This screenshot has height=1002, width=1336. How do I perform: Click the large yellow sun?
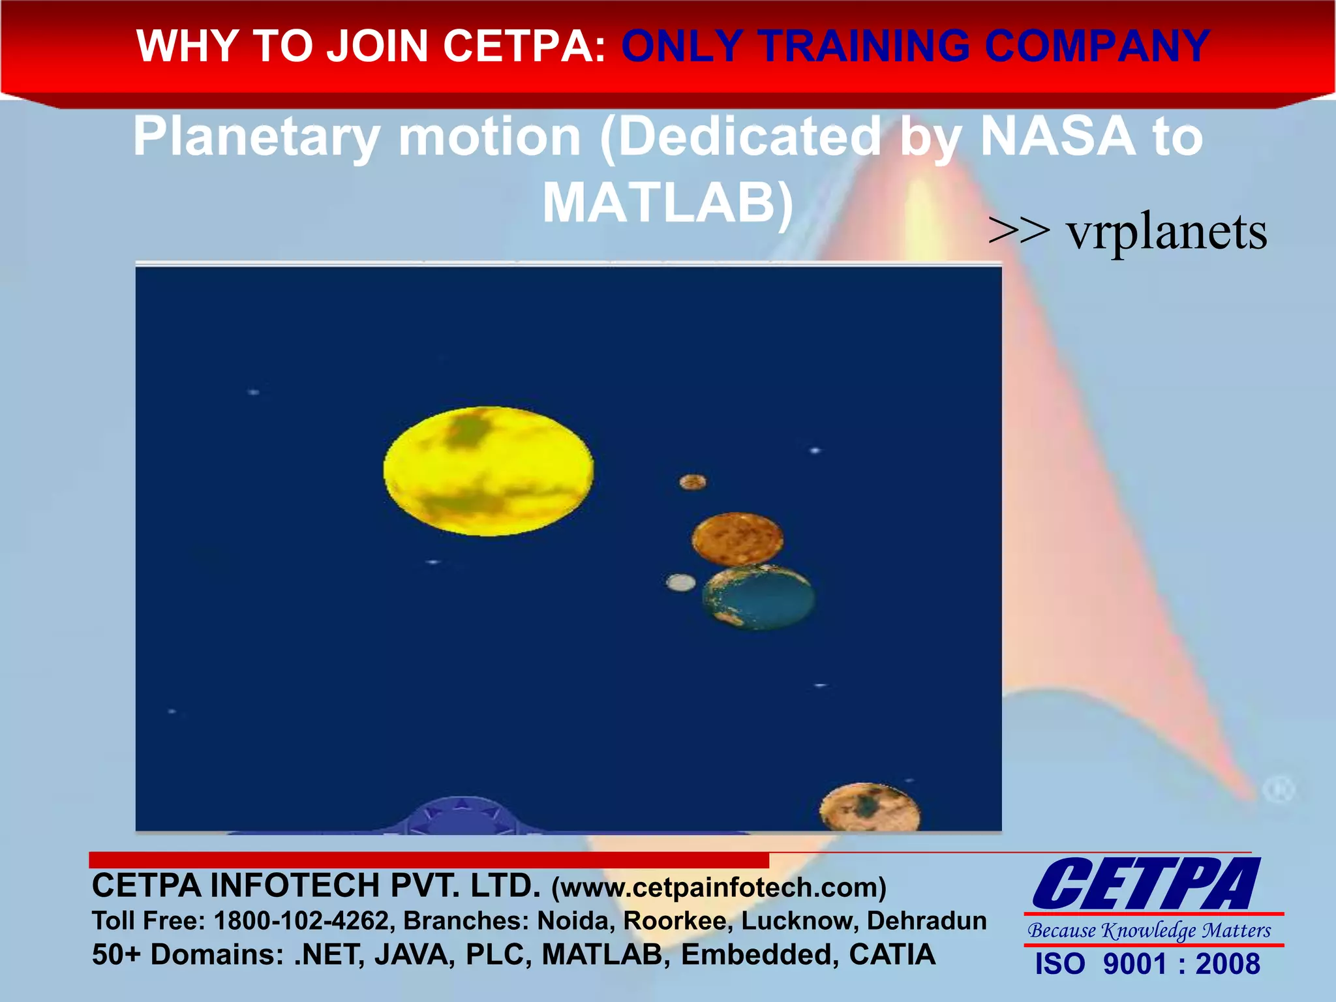coord(488,471)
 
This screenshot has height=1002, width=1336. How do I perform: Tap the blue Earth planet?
coord(759,598)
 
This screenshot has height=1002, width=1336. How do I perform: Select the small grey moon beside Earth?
coord(680,583)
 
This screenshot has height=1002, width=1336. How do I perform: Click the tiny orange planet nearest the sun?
coord(692,482)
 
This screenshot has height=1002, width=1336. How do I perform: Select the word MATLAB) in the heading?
coord(668,203)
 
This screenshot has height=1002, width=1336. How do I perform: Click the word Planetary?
coord(256,138)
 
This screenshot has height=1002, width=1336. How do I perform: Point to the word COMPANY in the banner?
coord(1097,46)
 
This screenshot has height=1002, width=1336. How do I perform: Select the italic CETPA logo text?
coord(1146,885)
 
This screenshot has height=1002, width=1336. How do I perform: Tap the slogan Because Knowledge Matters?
coord(1149,930)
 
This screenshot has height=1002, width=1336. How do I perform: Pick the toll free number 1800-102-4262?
coord(301,920)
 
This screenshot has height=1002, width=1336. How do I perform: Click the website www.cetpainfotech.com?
coord(718,887)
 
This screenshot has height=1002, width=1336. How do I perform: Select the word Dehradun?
coord(926,920)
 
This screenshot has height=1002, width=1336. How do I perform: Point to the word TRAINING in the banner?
coord(866,46)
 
